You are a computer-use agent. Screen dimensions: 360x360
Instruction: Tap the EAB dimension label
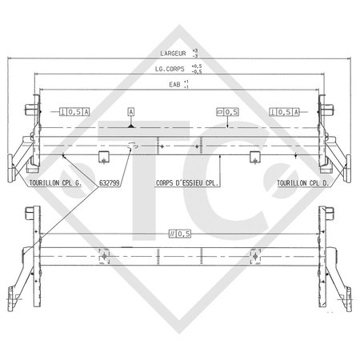tap(174, 83)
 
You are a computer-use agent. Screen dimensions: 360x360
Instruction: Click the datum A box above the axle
tap(130, 113)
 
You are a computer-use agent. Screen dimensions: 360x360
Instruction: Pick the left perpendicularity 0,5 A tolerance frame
tap(76, 113)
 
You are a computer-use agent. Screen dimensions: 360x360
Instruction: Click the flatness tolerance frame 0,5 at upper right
tap(229, 113)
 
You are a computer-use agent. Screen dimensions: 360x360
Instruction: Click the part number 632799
tap(111, 182)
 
